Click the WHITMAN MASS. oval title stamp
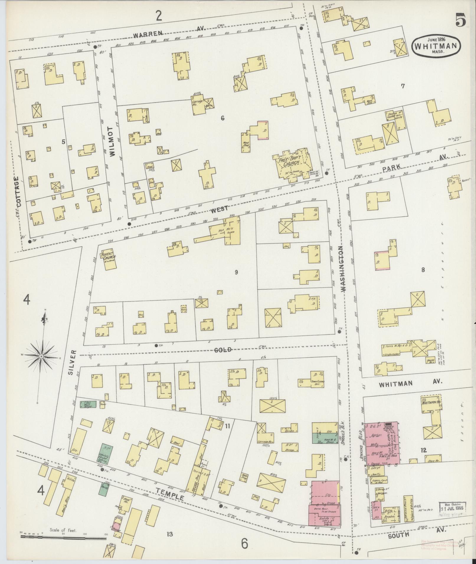(437, 46)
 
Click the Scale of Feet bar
(63, 512)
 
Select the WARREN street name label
(148, 34)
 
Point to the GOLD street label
(223, 350)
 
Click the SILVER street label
(73, 366)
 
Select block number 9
(236, 272)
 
